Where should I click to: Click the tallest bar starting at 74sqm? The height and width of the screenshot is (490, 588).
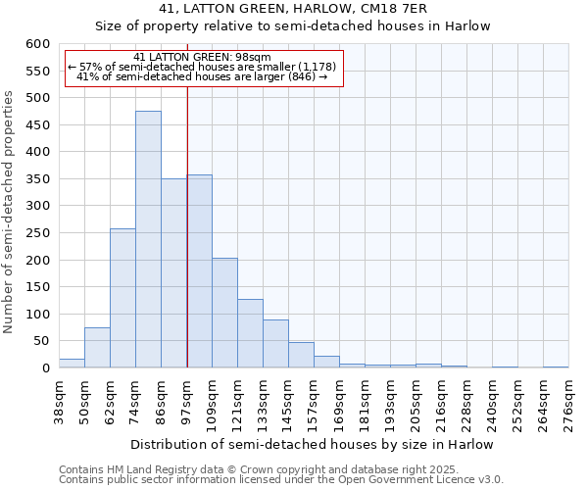coord(148,239)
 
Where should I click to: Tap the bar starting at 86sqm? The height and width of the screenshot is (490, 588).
coord(173,273)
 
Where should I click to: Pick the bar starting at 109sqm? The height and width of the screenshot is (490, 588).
coord(224,313)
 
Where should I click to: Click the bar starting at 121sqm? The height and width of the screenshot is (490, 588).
coord(250,333)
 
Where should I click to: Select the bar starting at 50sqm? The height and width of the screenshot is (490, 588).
coord(97,348)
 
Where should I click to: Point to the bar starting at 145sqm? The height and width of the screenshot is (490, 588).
coord(301,355)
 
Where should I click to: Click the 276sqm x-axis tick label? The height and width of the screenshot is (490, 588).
coord(568,402)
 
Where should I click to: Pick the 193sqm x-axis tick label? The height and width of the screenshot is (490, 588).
coord(390,402)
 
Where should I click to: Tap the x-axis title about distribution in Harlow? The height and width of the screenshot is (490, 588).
coord(312,445)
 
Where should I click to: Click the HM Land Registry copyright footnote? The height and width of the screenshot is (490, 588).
coord(280,469)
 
